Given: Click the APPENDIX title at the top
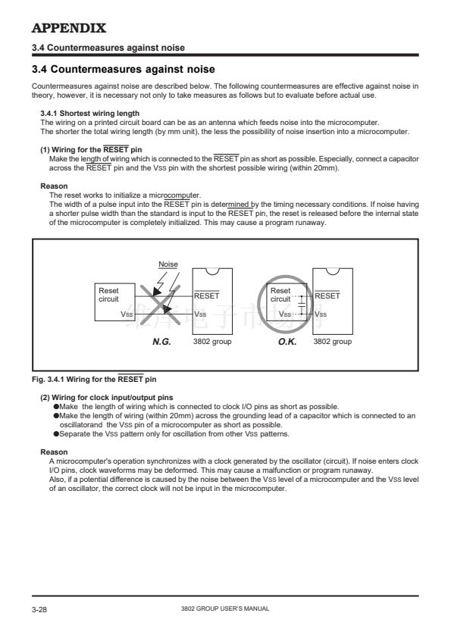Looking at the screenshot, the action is [x=69, y=28].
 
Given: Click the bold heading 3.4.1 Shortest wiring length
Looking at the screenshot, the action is [x=90, y=114].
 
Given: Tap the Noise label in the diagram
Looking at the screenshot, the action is [x=168, y=264].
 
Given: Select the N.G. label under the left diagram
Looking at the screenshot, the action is [x=161, y=342].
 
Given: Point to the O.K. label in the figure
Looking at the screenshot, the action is [x=287, y=342].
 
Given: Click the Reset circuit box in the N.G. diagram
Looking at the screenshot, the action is [x=114, y=302].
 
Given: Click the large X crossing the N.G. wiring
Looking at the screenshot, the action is [x=161, y=305].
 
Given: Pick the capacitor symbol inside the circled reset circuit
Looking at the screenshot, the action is [x=301, y=302].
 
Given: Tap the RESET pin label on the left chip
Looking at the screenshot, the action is [x=206, y=296].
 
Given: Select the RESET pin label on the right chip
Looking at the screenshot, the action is [x=327, y=296].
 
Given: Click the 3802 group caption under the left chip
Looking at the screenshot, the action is [x=212, y=342].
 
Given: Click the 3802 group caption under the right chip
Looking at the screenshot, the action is [x=332, y=342].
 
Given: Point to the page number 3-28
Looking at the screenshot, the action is [x=39, y=609].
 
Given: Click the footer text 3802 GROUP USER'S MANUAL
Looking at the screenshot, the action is [x=225, y=608].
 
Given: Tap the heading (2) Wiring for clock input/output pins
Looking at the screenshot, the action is [x=107, y=398].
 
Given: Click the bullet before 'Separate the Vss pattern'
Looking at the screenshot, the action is [x=56, y=433].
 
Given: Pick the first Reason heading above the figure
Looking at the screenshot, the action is [x=54, y=186].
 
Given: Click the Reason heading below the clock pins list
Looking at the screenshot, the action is [x=54, y=452].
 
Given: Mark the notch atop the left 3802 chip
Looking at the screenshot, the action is [x=212, y=271].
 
